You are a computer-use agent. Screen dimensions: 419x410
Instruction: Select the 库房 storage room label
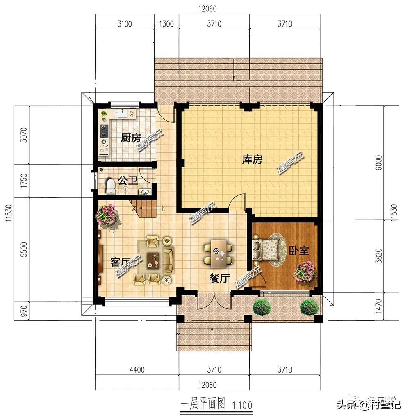[x=252, y=160]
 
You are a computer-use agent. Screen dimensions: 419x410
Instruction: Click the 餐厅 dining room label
[x=219, y=279]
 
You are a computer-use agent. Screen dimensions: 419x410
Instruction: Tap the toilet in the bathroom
[x=110, y=186]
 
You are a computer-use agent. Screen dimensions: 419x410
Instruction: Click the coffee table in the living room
[x=154, y=259]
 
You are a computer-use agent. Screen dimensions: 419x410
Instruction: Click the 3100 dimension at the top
[x=125, y=24]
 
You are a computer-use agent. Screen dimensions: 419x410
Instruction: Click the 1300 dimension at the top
[x=166, y=24]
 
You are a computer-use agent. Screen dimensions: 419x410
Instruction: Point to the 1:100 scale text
[x=241, y=406]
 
